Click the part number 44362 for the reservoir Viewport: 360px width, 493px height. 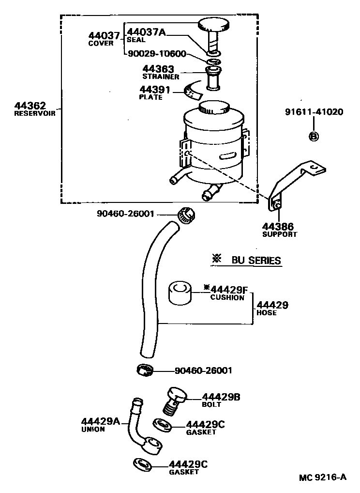click(30, 106)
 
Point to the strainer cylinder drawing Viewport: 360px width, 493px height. click(212, 79)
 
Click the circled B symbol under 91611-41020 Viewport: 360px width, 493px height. click(313, 136)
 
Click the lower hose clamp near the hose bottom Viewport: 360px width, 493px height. click(144, 370)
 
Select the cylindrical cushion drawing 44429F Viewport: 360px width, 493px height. click(180, 293)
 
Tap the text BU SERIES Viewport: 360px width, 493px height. click(256, 261)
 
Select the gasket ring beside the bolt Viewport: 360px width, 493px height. click(163, 426)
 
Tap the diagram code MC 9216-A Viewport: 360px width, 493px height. click(322, 477)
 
